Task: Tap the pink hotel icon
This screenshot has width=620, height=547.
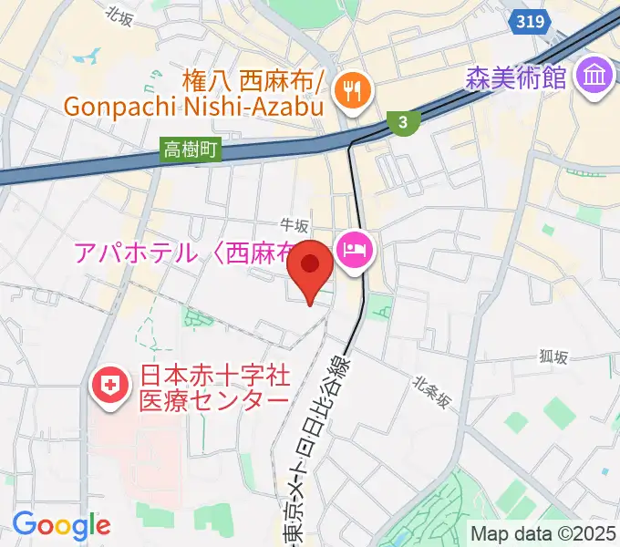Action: coord(354,250)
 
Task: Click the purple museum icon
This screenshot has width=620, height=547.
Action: coord(597,76)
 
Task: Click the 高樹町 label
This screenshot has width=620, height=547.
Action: coord(191,150)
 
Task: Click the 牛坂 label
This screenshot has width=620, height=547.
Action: coord(294,225)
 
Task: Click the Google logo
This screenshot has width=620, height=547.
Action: coord(61,526)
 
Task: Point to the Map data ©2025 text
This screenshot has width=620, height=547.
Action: coord(543,532)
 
